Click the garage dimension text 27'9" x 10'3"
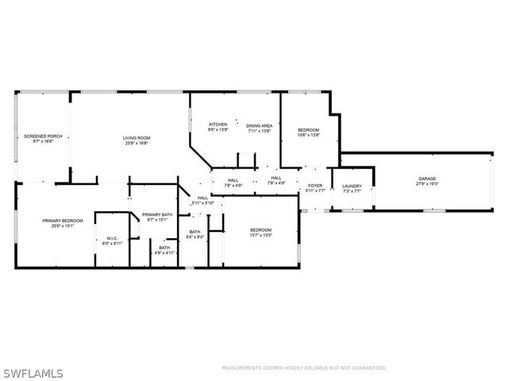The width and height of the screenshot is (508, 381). pyautogui.click(x=428, y=184)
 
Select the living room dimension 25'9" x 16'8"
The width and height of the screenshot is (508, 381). pyautogui.click(x=137, y=144)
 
